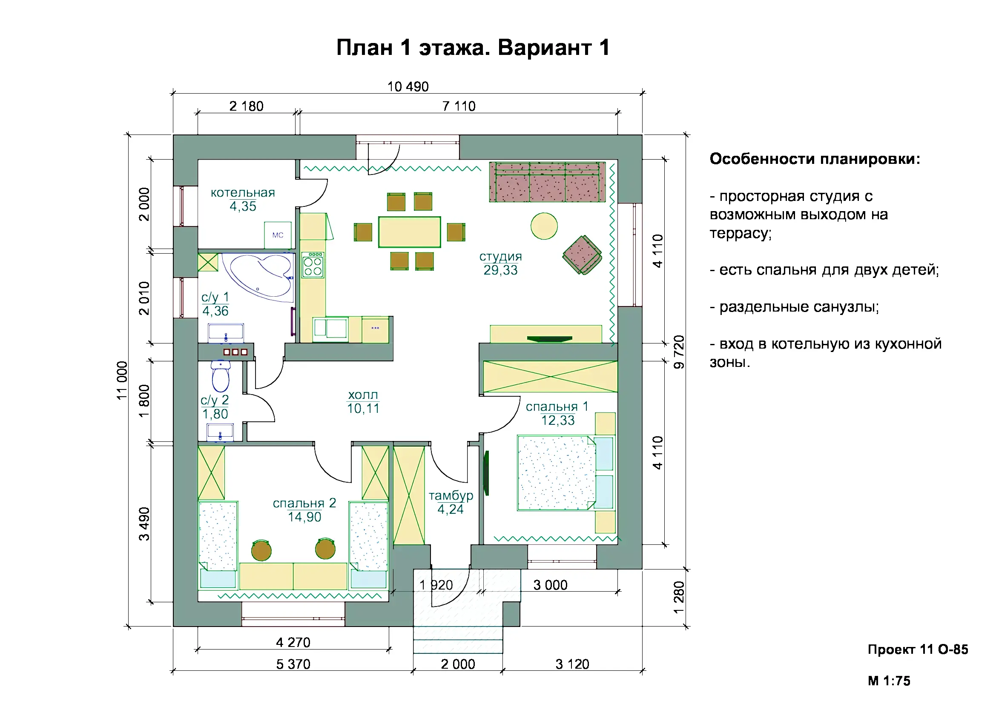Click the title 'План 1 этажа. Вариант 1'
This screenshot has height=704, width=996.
tap(473, 47)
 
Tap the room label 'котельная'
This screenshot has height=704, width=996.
tap(243, 192)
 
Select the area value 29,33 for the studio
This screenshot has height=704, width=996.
tap(501, 270)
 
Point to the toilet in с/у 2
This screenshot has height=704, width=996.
tap(221, 376)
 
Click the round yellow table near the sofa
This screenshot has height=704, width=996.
tap(544, 226)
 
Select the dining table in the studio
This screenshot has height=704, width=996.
tap(410, 232)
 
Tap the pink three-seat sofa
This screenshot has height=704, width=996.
tap(548, 182)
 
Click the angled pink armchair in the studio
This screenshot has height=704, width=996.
tap(582, 255)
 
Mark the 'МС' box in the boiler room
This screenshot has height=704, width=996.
tap(278, 235)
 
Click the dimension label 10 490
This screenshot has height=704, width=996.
tap(408, 87)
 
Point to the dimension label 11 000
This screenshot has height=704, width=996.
tap(122, 381)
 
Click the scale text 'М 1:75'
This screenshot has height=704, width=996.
tap(889, 681)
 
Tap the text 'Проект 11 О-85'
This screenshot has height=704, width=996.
tap(918, 650)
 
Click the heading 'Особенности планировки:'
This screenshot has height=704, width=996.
tap(815, 159)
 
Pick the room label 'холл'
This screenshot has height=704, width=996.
tap(363, 395)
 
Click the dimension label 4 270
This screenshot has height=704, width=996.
tap(293, 642)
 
